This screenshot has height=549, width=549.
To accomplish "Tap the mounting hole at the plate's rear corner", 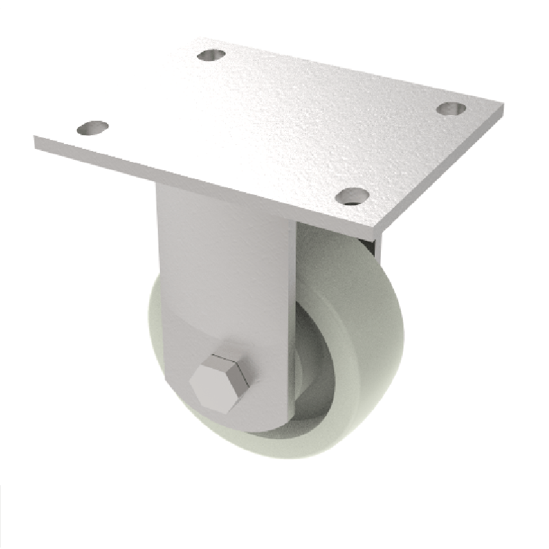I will tap(211, 54).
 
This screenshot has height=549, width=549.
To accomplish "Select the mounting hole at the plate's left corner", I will tap(93, 128).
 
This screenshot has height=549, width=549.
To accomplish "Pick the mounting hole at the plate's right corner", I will tap(452, 108).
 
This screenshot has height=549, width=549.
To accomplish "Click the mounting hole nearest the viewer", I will tap(353, 196).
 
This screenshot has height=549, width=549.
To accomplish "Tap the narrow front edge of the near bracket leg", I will tap(292, 309).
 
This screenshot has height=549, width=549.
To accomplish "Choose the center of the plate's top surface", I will tap(274, 124).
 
